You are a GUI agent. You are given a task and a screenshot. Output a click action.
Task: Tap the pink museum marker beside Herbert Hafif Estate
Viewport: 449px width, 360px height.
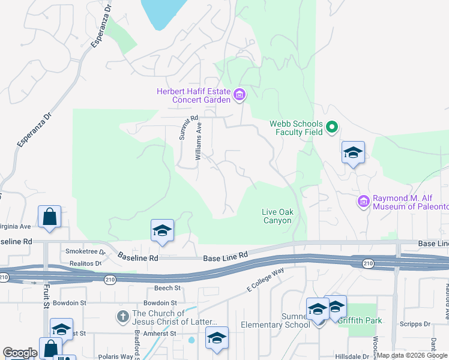[240, 94]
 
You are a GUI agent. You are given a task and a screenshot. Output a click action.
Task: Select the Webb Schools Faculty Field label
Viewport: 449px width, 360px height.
[296, 128]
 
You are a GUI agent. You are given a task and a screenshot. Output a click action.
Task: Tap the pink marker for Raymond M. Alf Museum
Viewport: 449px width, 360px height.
[363, 201]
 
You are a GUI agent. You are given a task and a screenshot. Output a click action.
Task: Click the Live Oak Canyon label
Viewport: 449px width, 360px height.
[277, 216]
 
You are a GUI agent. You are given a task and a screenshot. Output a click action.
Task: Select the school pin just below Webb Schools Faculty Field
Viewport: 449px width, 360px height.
[353, 153]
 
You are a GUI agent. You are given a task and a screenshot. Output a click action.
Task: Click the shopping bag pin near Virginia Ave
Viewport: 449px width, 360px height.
[49, 217]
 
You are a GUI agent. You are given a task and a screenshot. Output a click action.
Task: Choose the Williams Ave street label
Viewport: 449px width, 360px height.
[199, 141]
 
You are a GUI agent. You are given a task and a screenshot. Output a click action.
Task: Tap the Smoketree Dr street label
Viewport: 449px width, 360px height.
[85, 252]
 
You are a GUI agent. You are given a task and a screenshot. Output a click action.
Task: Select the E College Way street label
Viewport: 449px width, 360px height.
[265, 281]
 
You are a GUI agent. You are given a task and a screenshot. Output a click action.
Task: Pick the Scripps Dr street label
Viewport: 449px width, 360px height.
[419, 324]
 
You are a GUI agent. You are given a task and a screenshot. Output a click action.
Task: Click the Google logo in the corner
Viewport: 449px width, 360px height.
[20, 353]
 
